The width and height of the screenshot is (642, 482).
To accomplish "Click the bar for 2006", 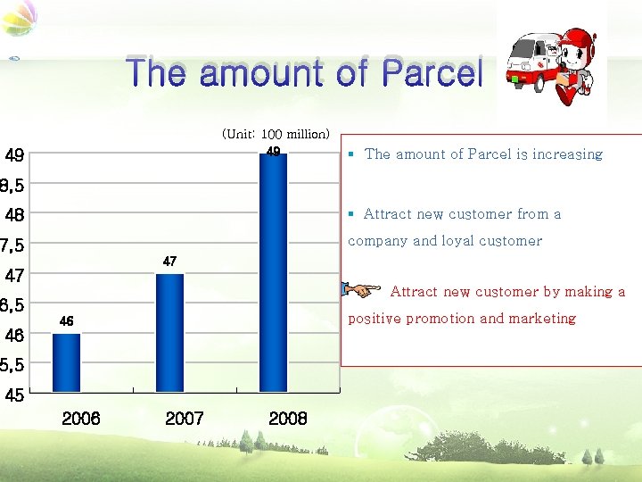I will (66, 361).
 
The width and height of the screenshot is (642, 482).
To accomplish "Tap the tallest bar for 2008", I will (273, 272).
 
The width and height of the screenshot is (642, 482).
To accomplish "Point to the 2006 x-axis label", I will (81, 419).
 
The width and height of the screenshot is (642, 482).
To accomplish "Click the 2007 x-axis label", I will (185, 419).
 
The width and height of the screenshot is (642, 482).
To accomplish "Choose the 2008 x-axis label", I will (288, 419).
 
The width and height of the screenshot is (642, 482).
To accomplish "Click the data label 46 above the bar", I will (66, 320).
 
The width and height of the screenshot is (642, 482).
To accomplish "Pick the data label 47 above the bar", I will (169, 261).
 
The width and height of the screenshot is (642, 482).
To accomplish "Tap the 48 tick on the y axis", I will (14, 215).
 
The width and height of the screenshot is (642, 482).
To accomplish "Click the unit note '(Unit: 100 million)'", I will (276, 134).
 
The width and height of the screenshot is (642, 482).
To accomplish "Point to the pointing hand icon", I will (360, 290).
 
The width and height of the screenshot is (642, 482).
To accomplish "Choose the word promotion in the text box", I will (440, 319).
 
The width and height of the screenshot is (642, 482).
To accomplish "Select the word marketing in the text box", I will (542, 319).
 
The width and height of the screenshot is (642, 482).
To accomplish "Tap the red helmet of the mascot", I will (579, 40).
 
